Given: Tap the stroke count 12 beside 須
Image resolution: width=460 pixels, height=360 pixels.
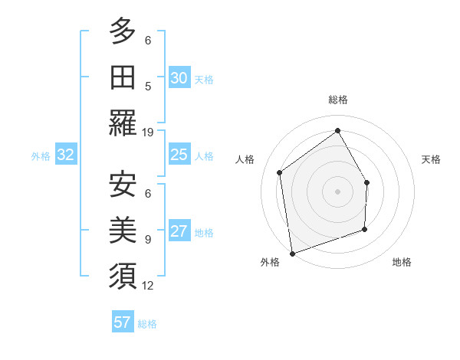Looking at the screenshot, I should click(148, 286).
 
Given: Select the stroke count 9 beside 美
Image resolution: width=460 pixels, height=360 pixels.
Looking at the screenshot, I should click(148, 239).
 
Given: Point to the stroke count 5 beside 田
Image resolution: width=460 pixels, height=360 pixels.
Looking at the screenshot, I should click(148, 86).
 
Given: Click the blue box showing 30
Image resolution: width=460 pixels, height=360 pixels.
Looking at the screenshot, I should click(179, 78).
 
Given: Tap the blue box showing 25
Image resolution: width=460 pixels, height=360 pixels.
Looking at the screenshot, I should click(179, 155).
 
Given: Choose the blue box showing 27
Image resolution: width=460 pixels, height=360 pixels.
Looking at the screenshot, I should click(179, 232).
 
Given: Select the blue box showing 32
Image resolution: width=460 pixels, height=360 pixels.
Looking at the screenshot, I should click(66, 155).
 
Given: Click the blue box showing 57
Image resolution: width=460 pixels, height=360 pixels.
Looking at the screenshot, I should click(123, 322).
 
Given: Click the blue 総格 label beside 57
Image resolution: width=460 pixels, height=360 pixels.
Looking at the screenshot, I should click(147, 324).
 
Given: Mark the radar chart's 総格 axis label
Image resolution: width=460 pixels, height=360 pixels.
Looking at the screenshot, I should click(338, 100).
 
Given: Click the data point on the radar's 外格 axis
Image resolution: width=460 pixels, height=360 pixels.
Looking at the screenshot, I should click(292, 252).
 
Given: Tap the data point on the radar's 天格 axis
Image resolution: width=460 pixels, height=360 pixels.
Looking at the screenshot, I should click(367, 182).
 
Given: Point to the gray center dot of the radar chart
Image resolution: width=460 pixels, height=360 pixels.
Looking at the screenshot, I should click(337, 191).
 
